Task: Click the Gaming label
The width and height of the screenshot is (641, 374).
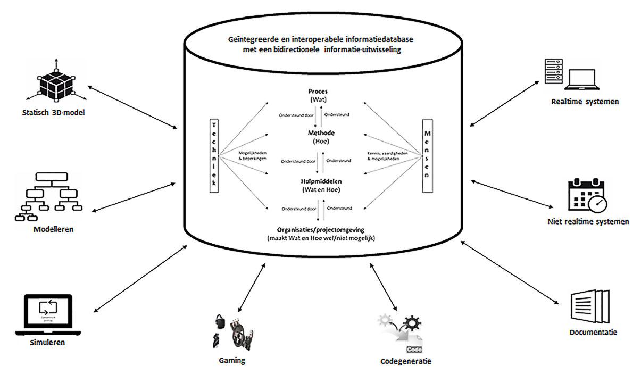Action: click(x=232, y=360)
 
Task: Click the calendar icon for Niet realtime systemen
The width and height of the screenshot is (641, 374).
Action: click(x=587, y=196)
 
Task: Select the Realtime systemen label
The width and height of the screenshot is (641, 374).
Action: click(x=584, y=101)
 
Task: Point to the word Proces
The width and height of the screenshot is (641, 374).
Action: click(x=318, y=91)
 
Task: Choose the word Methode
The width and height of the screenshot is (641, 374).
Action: click(x=318, y=132)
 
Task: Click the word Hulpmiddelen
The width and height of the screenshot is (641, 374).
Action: click(x=318, y=181)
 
